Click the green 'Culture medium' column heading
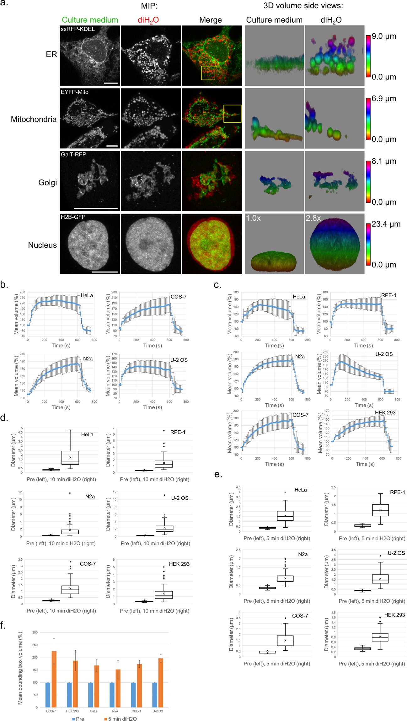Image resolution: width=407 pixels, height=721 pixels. click(90, 20)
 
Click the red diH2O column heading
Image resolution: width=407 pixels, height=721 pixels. click(148, 20)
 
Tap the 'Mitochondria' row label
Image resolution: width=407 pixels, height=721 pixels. click(34, 119)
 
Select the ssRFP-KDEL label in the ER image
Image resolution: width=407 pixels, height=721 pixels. click(78, 29)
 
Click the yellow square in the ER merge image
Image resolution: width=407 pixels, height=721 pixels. click(208, 73)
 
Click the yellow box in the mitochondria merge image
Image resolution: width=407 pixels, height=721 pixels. click(232, 114)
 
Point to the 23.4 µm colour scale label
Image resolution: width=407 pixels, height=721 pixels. click(386, 224)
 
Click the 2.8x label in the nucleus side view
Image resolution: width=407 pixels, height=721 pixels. click(313, 218)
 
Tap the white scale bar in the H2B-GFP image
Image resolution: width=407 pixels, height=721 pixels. click(105, 272)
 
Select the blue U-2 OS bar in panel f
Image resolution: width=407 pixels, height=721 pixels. click(155, 695)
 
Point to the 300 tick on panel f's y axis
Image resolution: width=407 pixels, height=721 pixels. click(35, 632)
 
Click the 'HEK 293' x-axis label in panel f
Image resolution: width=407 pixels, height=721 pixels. click(72, 711)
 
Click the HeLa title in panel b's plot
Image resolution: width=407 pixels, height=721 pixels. click(87, 295)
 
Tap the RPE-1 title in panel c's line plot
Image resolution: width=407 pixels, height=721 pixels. click(388, 295)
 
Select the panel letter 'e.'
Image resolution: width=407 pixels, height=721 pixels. click(218, 474)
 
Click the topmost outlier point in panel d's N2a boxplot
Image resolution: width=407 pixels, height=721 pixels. click(70, 493)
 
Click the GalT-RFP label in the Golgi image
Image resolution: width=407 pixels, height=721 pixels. click(73, 154)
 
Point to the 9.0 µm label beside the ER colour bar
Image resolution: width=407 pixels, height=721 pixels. click(384, 36)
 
